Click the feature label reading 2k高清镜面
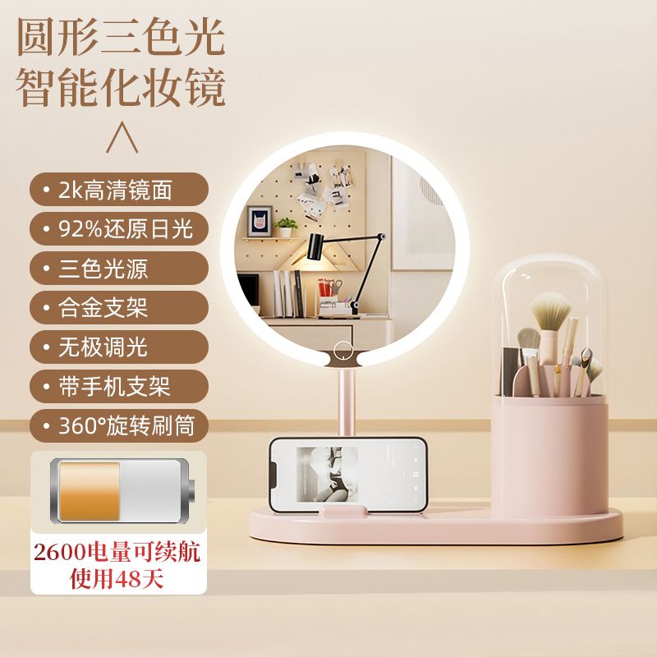(x=119, y=190)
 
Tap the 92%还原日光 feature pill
(x=119, y=229)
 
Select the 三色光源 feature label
(x=119, y=269)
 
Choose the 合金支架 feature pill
(x=119, y=307)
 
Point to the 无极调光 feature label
(x=119, y=347)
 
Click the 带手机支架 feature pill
(x=119, y=386)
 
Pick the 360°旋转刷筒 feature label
(x=119, y=425)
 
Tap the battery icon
(x=122, y=491)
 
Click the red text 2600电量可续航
(x=117, y=552)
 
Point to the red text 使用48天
(x=117, y=579)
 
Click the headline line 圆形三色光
(x=121, y=37)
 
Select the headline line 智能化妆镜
(x=121, y=88)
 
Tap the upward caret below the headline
(x=122, y=137)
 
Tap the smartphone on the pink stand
(x=348, y=475)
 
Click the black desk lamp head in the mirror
(x=318, y=247)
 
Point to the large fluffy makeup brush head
(x=551, y=310)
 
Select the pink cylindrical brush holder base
(x=550, y=457)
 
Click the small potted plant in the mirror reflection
(x=286, y=227)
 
